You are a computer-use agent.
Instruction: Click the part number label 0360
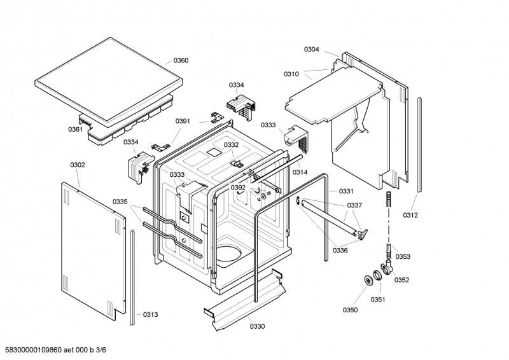[x=181, y=60]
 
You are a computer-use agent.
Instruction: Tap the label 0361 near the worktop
[x=75, y=130]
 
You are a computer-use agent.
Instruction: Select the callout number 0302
[x=78, y=165]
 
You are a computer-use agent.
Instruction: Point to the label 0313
[x=151, y=315]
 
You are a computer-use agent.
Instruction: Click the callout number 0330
[x=257, y=326]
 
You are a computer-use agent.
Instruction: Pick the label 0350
[x=351, y=310]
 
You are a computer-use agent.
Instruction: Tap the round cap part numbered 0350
[x=368, y=280]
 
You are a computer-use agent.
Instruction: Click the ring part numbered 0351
[x=377, y=275]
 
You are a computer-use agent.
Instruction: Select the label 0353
[x=403, y=257]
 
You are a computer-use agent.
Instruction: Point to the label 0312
[x=410, y=215]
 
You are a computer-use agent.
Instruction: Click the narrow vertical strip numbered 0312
[x=420, y=144]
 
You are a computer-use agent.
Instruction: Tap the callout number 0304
[x=312, y=50]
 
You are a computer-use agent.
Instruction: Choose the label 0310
[x=291, y=74]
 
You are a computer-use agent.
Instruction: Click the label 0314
[x=300, y=172]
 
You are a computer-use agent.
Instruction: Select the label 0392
[x=238, y=188]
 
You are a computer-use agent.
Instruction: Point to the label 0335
[x=120, y=202]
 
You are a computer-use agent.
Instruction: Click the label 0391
[x=183, y=121]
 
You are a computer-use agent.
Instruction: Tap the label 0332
[x=231, y=145]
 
